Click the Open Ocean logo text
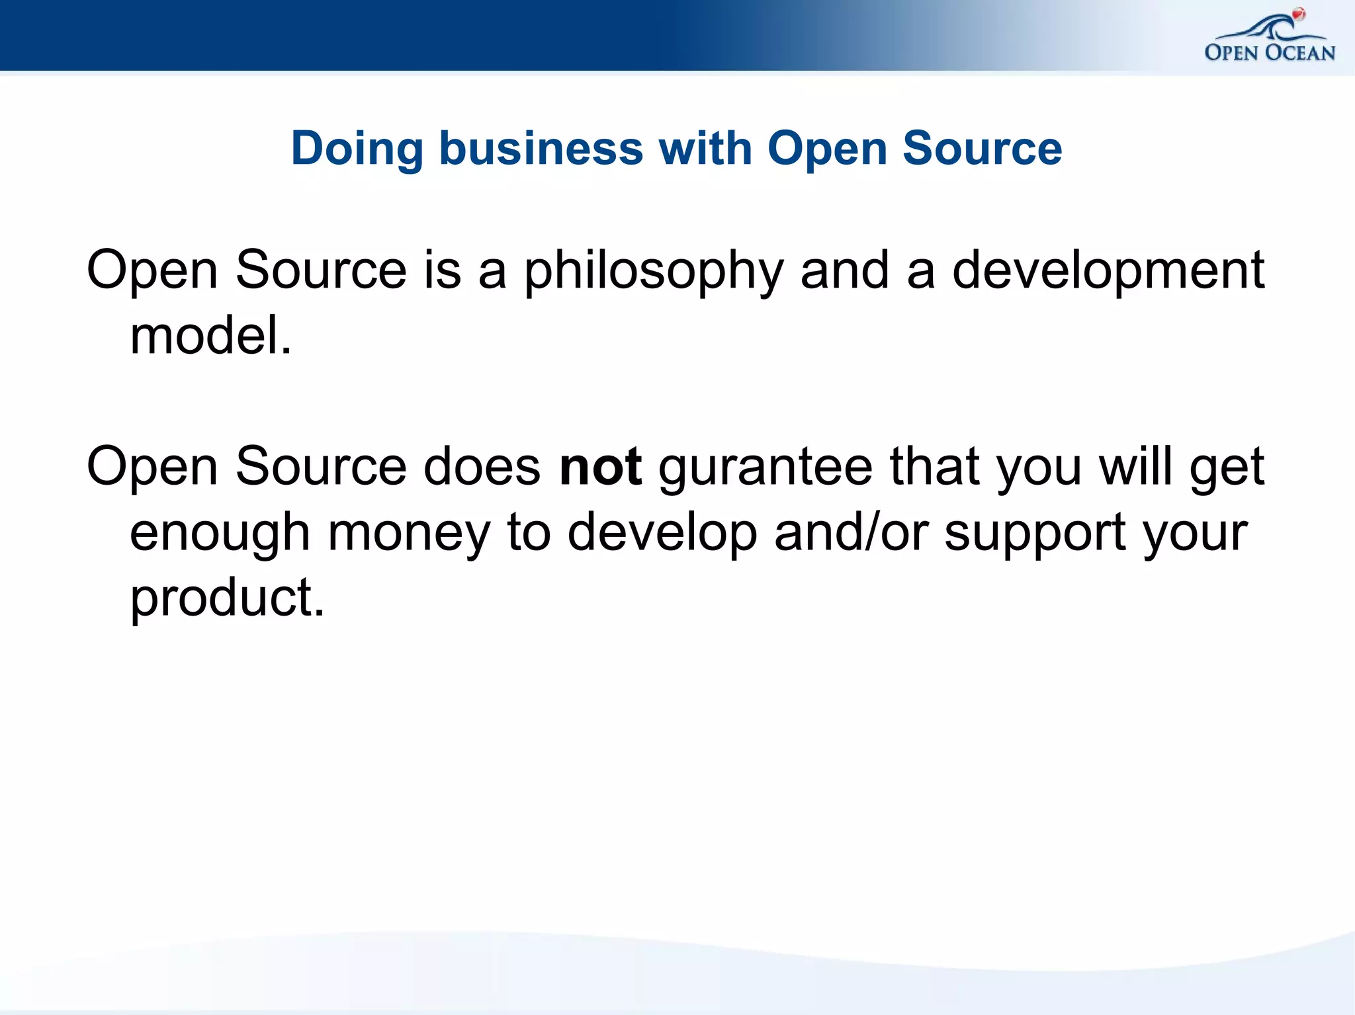pos(1270,52)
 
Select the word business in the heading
pos(541,148)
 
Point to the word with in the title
pos(705,148)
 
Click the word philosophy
pos(654,271)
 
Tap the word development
pos(1108,271)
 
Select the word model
pos(210,336)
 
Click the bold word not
pos(600,467)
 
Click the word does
pos(482,467)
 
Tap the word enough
pos(220,533)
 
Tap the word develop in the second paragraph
pos(662,533)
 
